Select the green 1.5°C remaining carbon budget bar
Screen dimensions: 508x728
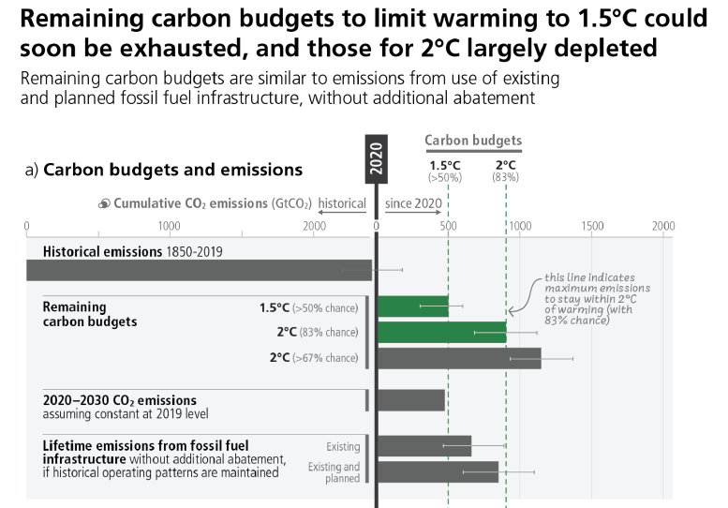[413, 306]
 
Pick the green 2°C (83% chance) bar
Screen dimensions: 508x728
[441, 332]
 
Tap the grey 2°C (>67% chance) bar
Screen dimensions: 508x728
[459, 358]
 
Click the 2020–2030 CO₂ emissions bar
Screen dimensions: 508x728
[411, 400]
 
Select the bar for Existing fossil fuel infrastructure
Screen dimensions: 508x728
[424, 446]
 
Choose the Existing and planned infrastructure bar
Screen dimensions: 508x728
[438, 471]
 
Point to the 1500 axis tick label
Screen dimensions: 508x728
[592, 226]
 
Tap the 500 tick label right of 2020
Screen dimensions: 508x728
[448, 226]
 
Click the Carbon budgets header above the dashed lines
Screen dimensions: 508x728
[473, 142]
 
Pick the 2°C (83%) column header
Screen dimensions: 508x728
[506, 170]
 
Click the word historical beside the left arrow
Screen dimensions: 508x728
[342, 203]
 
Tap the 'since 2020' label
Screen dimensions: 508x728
[413, 203]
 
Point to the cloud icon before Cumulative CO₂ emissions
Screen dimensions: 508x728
[104, 203]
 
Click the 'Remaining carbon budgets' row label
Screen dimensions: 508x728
[90, 314]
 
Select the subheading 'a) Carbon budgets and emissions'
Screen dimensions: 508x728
[164, 171]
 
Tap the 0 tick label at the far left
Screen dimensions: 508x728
[27, 226]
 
